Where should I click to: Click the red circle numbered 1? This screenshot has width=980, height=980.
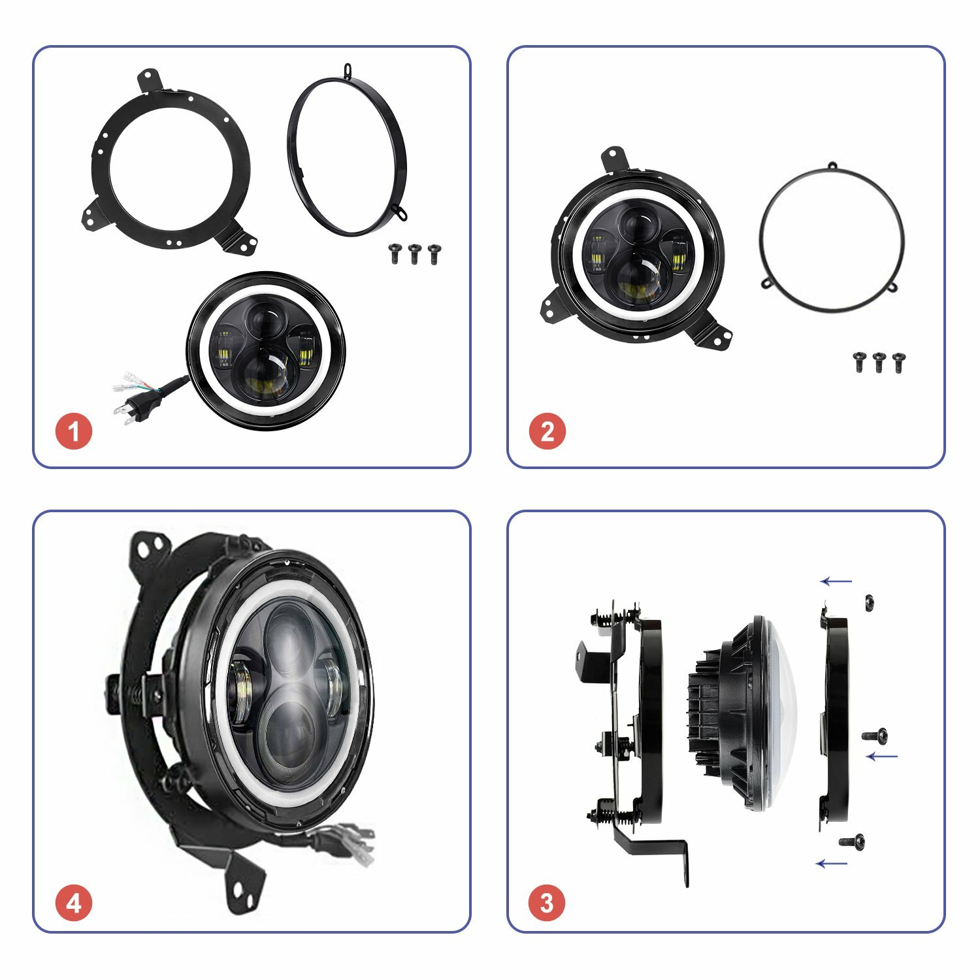74,431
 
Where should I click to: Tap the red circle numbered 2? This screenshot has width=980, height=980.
547,431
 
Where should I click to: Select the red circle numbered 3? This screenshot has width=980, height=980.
547,903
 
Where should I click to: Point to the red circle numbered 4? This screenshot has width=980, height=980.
74,903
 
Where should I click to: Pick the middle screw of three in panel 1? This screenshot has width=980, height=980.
414,253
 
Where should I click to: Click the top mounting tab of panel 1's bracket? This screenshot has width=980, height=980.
150,78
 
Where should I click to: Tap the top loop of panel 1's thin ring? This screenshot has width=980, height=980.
350,69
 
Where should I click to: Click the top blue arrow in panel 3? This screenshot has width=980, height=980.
836,581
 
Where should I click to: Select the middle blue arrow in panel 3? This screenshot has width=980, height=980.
882,757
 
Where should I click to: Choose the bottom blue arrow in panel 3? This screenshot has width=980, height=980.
832,864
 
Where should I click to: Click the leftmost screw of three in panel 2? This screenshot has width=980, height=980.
860,362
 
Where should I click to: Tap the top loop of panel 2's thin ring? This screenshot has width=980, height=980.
832,166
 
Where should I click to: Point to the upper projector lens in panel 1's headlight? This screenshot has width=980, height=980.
265,321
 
